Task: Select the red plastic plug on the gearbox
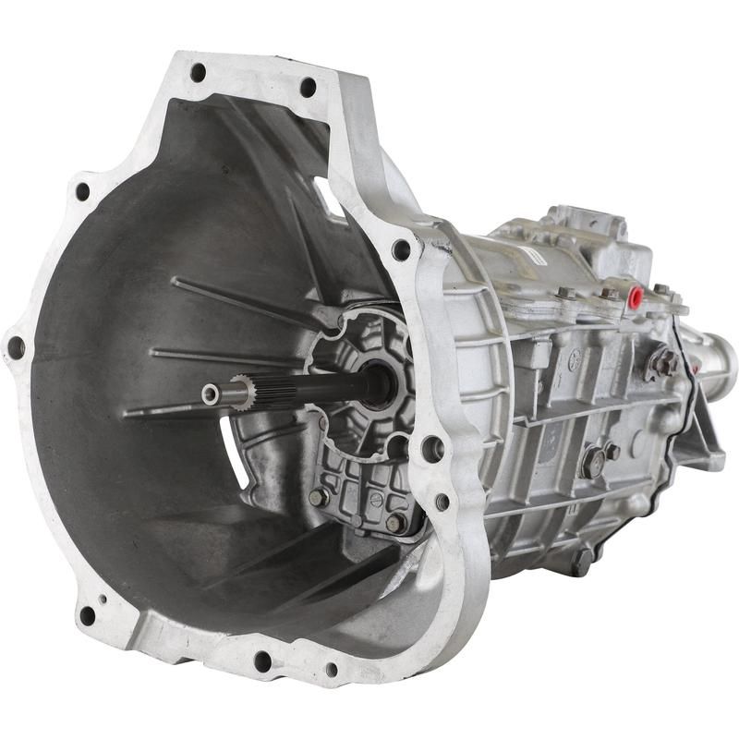coord(636,297)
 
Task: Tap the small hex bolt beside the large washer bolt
coord(612,452)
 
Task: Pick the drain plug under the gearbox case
coord(582,558)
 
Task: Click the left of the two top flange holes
coord(198,71)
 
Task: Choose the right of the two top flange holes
coord(308,87)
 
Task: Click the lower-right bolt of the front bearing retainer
coord(394,523)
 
